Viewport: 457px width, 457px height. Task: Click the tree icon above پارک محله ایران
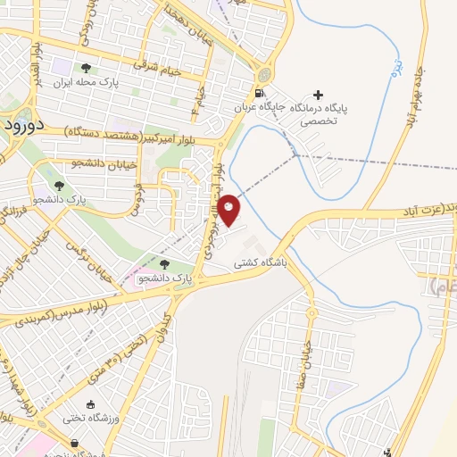(x=86, y=68)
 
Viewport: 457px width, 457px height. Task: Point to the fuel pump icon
(x=259, y=93)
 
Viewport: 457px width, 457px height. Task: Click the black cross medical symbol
(x=318, y=95)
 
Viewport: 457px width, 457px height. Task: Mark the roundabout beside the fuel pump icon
(x=264, y=74)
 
